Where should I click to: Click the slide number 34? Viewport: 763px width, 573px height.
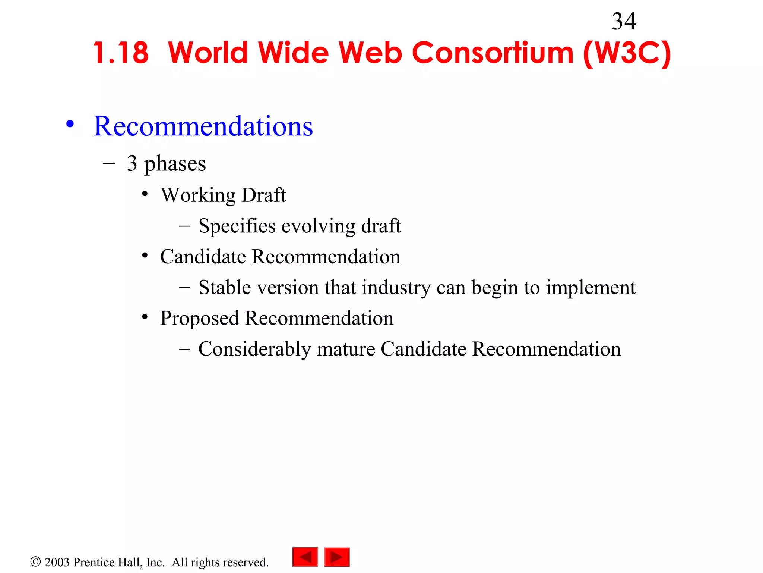(x=624, y=21)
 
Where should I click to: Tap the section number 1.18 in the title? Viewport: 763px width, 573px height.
(x=121, y=53)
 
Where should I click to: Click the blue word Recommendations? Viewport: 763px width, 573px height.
(x=203, y=126)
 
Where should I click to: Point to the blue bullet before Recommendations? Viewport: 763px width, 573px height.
(x=70, y=124)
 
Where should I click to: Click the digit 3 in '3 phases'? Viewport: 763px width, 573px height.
(x=132, y=163)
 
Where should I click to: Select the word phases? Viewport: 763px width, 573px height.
(x=175, y=164)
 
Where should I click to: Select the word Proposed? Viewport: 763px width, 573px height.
(x=199, y=319)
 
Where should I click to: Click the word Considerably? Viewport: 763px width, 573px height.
(x=254, y=350)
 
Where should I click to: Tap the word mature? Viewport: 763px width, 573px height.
(x=346, y=350)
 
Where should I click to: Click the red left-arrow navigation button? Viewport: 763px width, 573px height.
(x=305, y=557)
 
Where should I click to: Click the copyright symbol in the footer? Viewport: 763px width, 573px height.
(x=35, y=562)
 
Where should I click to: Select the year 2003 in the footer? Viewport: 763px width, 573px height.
(x=57, y=562)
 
